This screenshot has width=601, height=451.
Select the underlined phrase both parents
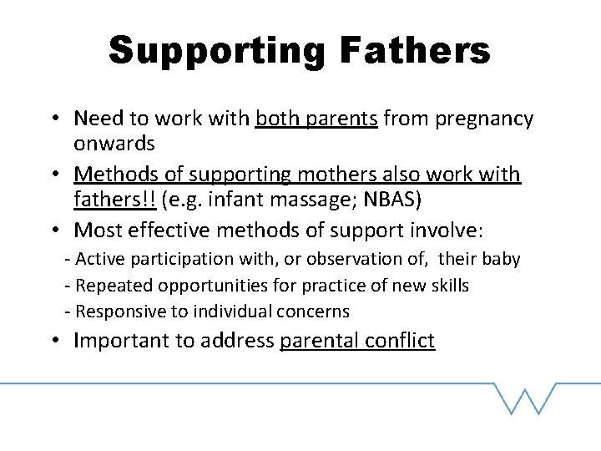[316, 119]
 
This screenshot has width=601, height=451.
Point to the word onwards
[114, 143]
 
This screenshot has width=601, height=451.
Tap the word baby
[501, 260]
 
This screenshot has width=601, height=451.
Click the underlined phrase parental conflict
[357, 341]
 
